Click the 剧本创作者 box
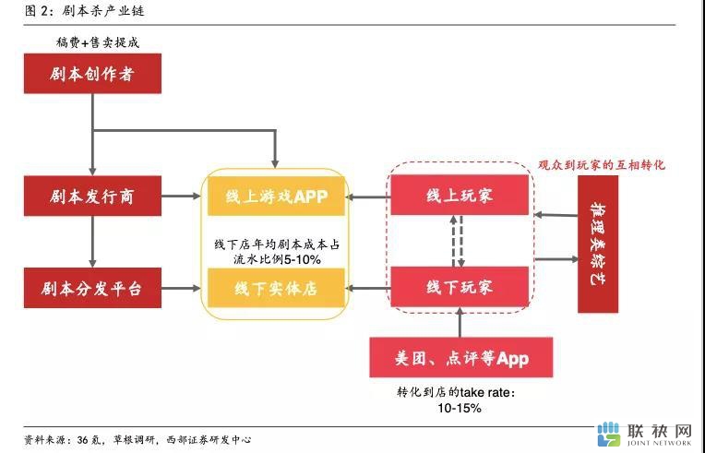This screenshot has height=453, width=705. pos(92,74)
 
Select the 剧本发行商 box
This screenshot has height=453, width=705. pos(92,196)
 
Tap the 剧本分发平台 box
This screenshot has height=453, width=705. pos(92,288)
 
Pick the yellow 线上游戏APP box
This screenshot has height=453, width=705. pos(276,196)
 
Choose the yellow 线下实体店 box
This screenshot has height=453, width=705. pos(276,288)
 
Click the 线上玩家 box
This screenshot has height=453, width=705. pos(460,195)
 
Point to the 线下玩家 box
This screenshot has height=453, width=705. pos(460,287)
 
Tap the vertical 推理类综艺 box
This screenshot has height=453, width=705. pos(598,244)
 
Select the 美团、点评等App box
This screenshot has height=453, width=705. pos(461,358)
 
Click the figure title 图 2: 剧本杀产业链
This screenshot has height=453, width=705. pos(85,11)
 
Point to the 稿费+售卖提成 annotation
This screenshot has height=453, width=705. pos(98,42)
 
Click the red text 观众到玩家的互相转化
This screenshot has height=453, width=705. pos(602,165)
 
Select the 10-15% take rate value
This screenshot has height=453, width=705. pos(460,408)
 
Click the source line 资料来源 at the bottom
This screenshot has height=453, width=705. pos(137,439)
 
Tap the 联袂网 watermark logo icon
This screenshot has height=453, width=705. pos(609,434)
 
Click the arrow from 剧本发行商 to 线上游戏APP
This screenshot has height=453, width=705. pos(181,196)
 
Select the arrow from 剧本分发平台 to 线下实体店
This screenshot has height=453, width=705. pos(181,288)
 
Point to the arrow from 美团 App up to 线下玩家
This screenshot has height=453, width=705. pos(460,322)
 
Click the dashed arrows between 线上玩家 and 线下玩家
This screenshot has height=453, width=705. pos(458,241)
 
